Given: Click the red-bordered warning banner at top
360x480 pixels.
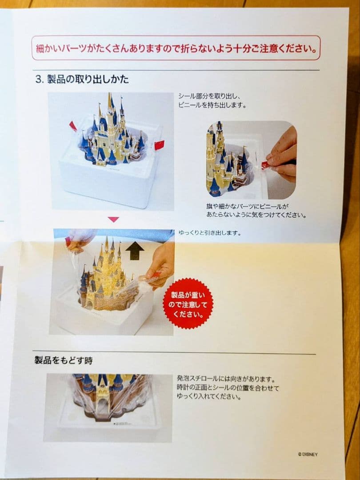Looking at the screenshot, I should (x=176, y=48).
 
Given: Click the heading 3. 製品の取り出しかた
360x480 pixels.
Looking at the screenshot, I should (x=82, y=80).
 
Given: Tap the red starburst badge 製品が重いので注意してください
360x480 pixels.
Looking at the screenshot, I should (x=187, y=303).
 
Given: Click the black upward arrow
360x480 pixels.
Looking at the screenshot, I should (x=135, y=251).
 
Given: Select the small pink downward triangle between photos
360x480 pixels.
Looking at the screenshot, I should (x=114, y=220).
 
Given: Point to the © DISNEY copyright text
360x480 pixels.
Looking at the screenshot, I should (x=308, y=454).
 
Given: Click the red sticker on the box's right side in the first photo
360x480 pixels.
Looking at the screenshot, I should (x=159, y=145).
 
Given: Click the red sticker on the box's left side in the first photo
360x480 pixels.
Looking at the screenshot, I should (x=73, y=126).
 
